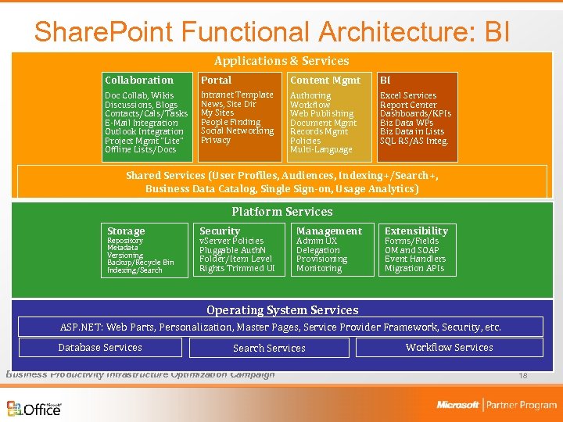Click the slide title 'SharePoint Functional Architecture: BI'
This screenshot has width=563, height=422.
[x=272, y=31]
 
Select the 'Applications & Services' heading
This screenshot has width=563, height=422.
[x=281, y=61]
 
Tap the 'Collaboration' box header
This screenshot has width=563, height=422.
[x=139, y=80]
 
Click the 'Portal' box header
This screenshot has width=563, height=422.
[x=216, y=80]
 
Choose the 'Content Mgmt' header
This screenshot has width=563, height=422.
[x=325, y=80]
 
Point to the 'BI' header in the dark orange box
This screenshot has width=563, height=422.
[x=385, y=80]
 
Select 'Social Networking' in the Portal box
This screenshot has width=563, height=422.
[x=237, y=131]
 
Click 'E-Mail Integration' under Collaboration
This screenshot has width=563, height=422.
[x=142, y=123]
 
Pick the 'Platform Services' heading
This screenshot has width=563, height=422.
[x=281, y=212]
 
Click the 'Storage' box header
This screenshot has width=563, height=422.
[x=126, y=231]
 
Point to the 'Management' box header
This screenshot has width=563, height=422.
[x=328, y=231]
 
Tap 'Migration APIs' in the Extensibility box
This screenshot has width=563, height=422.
[x=414, y=268]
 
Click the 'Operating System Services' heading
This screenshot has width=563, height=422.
[x=281, y=310]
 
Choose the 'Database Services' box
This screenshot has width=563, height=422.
[x=100, y=348]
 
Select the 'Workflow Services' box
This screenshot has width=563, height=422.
[x=449, y=347]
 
